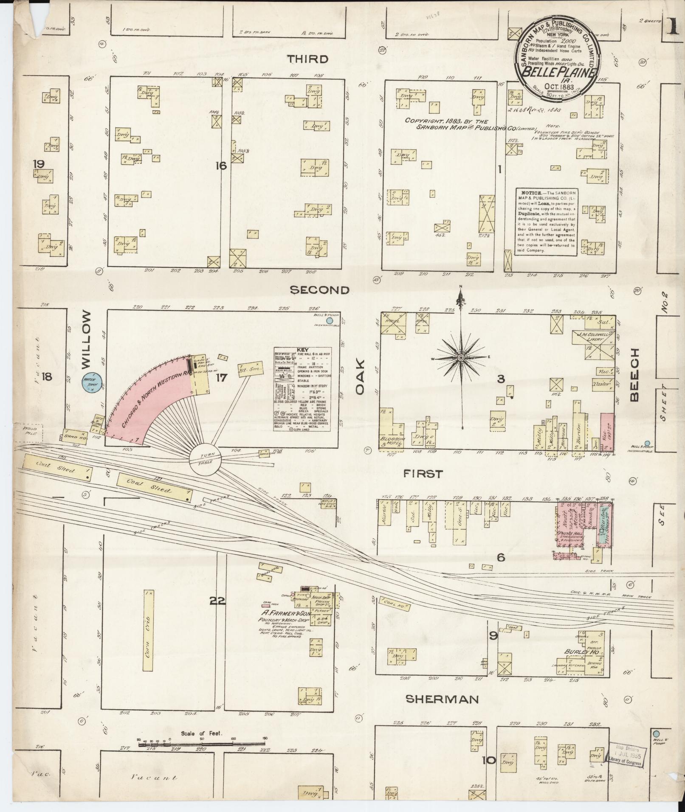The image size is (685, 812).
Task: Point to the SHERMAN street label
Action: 441,699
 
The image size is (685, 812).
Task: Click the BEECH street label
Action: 634,375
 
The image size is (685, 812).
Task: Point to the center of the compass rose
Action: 460,359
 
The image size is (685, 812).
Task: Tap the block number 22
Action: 217,601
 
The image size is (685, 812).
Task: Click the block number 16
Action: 221,166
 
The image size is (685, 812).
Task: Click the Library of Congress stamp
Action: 628,754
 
